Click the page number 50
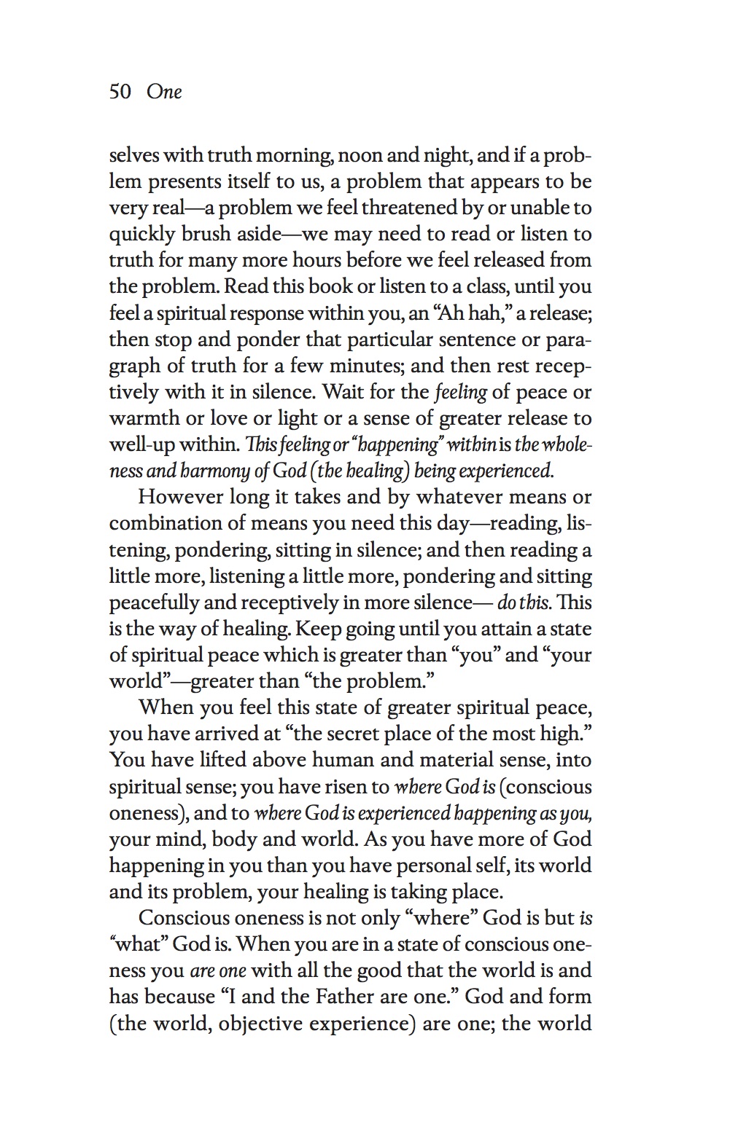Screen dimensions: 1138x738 pos(120,92)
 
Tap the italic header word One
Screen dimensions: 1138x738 pos(164,92)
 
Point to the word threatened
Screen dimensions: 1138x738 pos(410,208)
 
